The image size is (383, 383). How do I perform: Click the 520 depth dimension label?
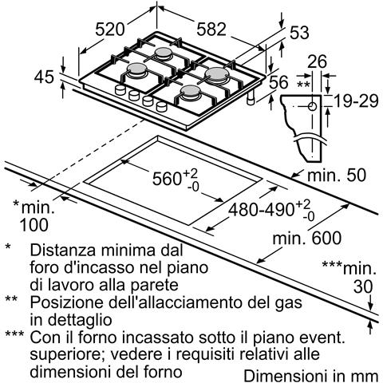tap(110, 30)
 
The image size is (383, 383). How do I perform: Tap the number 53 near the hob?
tap(298, 33)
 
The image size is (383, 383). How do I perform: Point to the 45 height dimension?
tap(45, 77)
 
